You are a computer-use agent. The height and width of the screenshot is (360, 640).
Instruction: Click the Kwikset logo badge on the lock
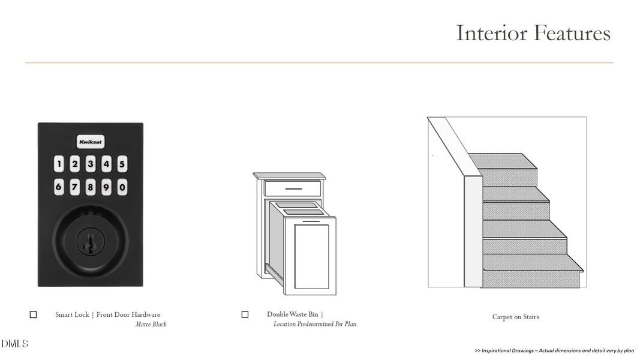(x=91, y=142)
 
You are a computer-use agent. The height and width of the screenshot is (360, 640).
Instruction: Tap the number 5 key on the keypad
(x=122, y=164)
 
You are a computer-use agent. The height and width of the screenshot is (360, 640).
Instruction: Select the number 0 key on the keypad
(x=122, y=187)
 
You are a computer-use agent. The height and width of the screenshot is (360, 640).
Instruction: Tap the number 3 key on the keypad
(x=91, y=164)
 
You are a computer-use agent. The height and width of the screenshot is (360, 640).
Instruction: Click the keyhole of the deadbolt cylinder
(x=90, y=242)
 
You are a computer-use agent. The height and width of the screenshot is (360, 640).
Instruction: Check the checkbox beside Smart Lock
(x=34, y=314)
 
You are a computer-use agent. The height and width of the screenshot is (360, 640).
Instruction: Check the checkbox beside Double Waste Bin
(x=245, y=314)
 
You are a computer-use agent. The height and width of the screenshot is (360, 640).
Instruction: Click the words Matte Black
(x=151, y=325)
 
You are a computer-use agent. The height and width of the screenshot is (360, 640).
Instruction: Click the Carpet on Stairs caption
(x=515, y=317)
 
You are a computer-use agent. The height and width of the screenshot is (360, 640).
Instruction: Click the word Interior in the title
(x=491, y=33)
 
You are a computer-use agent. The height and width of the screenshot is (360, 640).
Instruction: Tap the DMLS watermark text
(x=14, y=344)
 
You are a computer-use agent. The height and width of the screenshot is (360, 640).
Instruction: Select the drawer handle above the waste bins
(x=293, y=189)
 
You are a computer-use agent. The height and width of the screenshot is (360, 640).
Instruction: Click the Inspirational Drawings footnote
(x=554, y=350)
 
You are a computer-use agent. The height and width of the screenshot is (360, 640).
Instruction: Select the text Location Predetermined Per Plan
(x=315, y=324)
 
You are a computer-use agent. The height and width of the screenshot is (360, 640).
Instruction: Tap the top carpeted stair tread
(x=503, y=161)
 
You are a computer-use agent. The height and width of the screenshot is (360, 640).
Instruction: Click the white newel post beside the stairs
(x=473, y=231)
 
